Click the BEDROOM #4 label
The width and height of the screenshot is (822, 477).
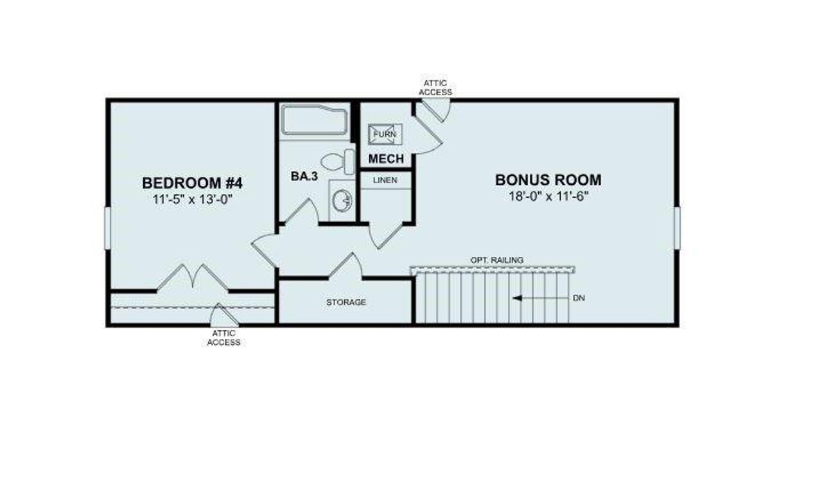[192, 182]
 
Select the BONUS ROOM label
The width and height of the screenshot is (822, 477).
[548, 180]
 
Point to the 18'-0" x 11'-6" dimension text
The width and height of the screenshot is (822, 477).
[548, 196]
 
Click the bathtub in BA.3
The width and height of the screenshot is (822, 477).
[313, 121]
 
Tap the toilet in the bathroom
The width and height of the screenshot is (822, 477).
[338, 161]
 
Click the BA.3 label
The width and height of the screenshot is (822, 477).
[304, 177]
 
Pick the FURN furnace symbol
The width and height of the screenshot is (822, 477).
[385, 134]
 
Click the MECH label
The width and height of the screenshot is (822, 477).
[386, 159]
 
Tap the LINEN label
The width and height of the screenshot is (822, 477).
[385, 180]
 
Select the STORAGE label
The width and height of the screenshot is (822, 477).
[345, 302]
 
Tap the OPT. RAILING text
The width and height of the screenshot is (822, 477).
[496, 259]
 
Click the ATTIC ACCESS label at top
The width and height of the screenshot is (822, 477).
[435, 88]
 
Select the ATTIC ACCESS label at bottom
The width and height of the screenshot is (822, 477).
[223, 338]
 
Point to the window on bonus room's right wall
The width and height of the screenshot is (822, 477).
[676, 227]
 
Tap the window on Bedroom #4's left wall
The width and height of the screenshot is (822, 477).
[107, 228]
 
